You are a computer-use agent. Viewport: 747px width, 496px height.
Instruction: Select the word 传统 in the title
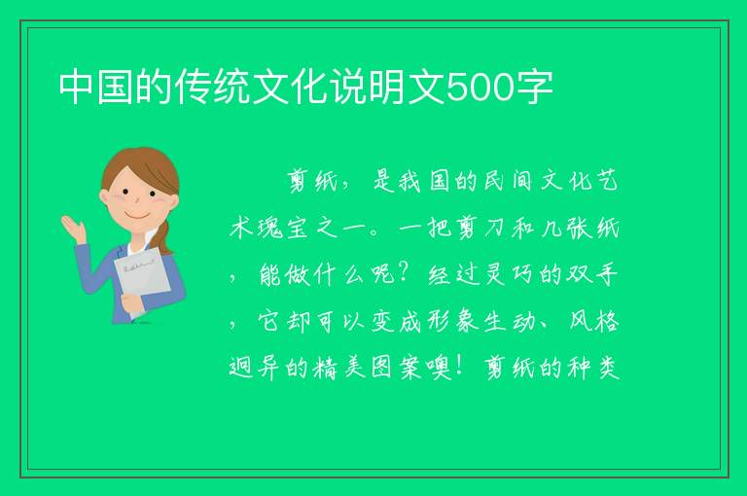click(x=211, y=88)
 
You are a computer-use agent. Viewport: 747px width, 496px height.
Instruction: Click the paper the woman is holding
click(x=141, y=279)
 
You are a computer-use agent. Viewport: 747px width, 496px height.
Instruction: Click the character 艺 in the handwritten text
click(x=607, y=181)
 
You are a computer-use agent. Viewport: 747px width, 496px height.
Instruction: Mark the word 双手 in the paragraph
click(x=592, y=274)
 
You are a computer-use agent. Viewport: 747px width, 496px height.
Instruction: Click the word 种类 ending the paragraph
click(x=594, y=368)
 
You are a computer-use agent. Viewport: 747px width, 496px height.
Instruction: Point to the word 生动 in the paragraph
click(x=509, y=321)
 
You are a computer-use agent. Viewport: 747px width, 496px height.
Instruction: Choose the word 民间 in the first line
click(x=508, y=181)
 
